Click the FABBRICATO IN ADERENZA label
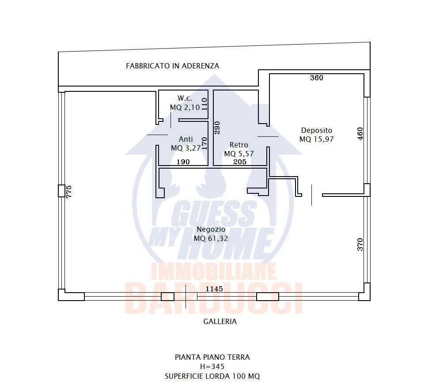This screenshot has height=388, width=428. pyautogui.click(x=173, y=66)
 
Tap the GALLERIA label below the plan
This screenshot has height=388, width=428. pyautogui.click(x=220, y=322)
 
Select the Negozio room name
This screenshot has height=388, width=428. pyautogui.click(x=211, y=230)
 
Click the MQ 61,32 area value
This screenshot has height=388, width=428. pyautogui.click(x=211, y=239)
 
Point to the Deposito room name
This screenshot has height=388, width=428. pyautogui.click(x=317, y=130)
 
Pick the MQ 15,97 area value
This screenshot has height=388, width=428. pyautogui.click(x=317, y=139)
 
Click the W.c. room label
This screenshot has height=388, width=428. pyautogui.click(x=185, y=98)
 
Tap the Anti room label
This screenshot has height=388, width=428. pyautogui.click(x=186, y=139)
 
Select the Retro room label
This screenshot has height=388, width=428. pyautogui.click(x=239, y=145)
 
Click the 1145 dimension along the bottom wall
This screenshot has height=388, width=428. pyautogui.click(x=214, y=289)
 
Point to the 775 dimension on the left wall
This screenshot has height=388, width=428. pyautogui.click(x=69, y=192)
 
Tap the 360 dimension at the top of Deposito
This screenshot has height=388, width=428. pyautogui.click(x=317, y=78)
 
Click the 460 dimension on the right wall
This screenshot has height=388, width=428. pyautogui.click(x=360, y=134)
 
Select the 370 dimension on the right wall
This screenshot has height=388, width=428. pyautogui.click(x=360, y=245)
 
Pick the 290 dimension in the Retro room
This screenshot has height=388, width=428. pyautogui.click(x=217, y=128)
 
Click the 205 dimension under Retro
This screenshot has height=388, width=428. pyautogui.click(x=240, y=162)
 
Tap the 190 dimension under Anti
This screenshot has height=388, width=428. pyautogui.click(x=183, y=162)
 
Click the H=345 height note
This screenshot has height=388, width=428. pyautogui.click(x=212, y=367)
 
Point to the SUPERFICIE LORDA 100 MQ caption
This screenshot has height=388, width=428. pyautogui.click(x=212, y=377)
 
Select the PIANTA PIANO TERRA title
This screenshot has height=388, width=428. pyautogui.click(x=212, y=358)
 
